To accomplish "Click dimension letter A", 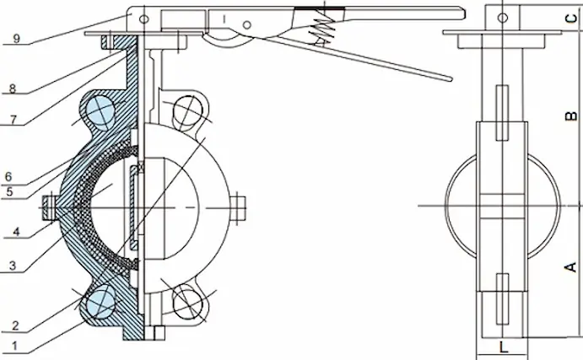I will tap(571, 267).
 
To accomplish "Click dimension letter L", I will tap(502, 347).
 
